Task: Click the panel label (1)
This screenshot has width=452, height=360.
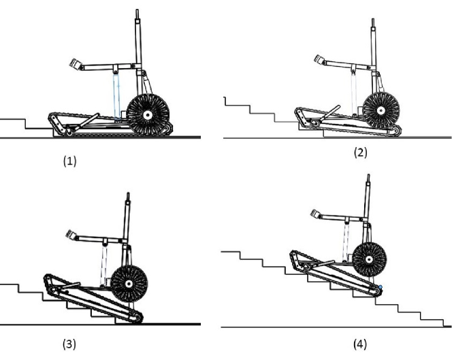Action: (x=70, y=162)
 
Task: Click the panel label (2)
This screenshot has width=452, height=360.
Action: (x=360, y=152)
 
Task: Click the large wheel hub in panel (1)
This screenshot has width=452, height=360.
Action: (x=146, y=114)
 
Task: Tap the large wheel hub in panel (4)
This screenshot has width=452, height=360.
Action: (x=370, y=259)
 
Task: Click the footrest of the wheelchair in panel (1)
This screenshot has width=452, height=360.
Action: (x=76, y=65)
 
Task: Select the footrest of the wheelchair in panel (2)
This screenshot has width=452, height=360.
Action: (x=319, y=62)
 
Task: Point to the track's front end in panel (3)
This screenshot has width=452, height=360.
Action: (x=47, y=279)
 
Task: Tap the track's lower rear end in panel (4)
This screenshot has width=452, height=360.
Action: (x=376, y=291)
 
